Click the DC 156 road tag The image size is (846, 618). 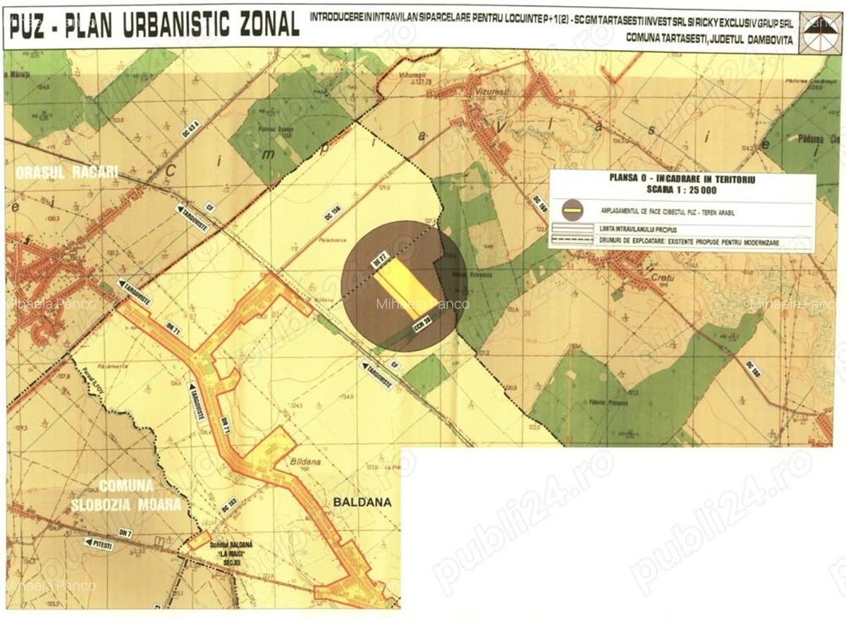[333, 212]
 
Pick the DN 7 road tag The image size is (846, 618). [125, 533]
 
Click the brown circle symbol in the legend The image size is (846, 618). [572, 210]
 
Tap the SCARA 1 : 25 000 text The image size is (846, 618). [682, 190]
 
